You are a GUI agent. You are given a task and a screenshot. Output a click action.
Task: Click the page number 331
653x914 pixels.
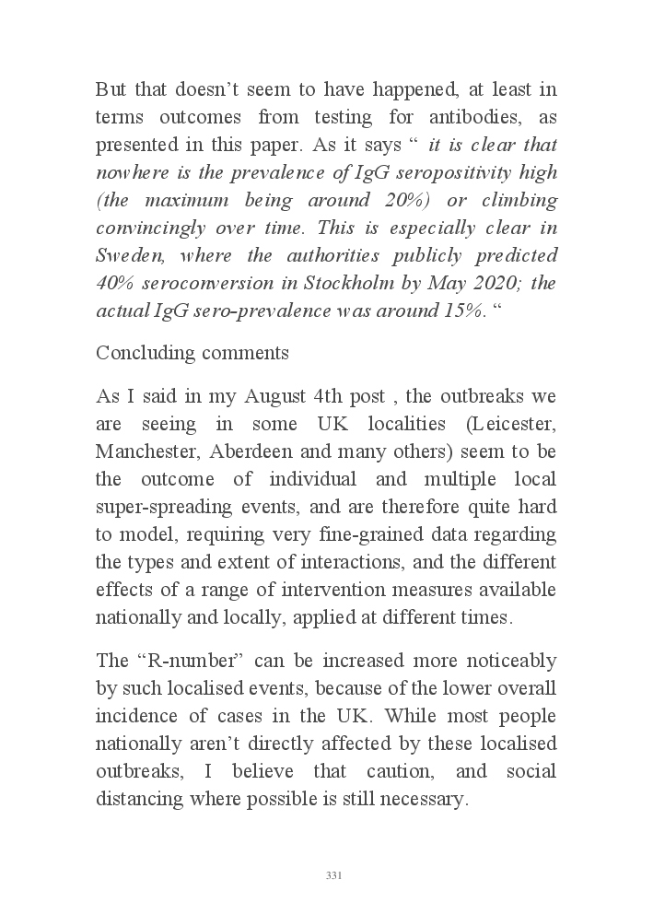[x=334, y=875]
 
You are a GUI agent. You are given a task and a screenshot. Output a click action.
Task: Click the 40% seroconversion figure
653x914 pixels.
[x=115, y=284]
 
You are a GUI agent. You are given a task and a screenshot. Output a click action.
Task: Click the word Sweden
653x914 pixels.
[x=124, y=256]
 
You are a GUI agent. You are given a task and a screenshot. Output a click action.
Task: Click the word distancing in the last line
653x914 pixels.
[x=137, y=800]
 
